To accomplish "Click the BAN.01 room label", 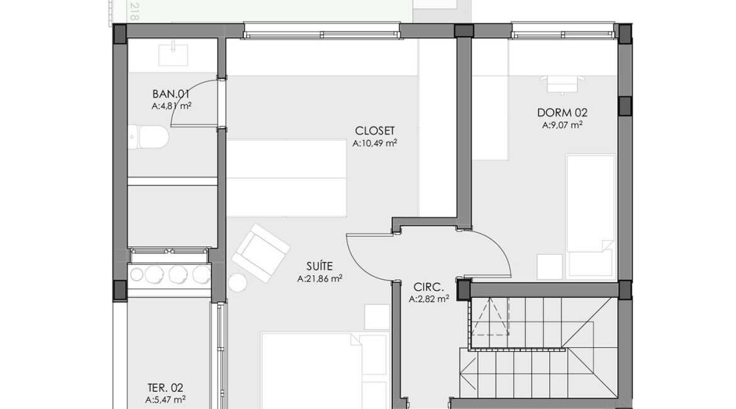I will tap(171, 94).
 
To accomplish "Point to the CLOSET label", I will tap(375, 131).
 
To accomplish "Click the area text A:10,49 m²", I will tap(375, 143).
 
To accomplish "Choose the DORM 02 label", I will tap(562, 113).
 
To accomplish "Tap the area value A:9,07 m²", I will tap(562, 125).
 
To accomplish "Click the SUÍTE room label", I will tap(320, 266).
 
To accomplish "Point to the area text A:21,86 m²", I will tap(320, 277).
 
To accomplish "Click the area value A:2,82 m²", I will tap(428, 300).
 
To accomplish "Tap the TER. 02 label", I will tap(165, 388).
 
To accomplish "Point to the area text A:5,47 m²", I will tap(165, 400).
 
